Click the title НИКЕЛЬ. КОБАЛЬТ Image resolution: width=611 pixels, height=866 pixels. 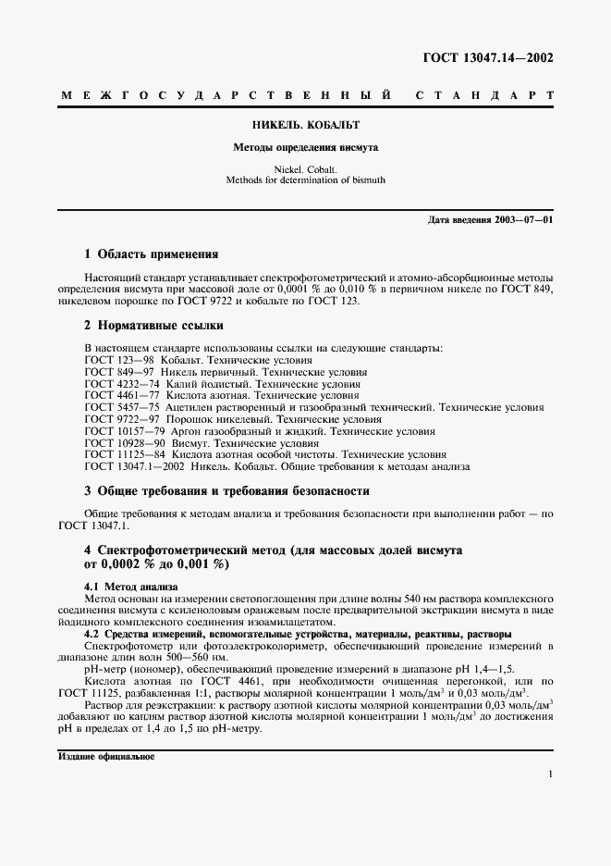(305, 124)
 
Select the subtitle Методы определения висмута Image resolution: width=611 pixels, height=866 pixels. (305, 147)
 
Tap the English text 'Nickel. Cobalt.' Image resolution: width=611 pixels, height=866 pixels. (305, 169)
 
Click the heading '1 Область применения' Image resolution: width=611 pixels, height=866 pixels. (152, 254)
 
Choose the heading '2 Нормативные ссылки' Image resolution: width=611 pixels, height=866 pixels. (153, 326)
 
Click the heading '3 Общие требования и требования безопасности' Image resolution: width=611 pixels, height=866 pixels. (226, 491)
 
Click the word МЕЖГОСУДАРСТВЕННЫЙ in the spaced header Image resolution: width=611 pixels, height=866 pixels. (222, 96)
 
